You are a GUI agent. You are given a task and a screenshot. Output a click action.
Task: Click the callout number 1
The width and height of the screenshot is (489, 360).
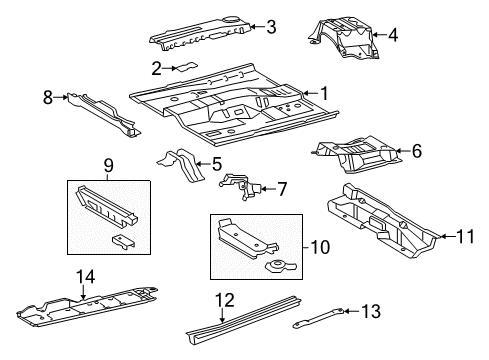coord(324,93)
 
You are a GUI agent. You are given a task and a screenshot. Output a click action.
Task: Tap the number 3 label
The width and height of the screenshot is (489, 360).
coord(271,27)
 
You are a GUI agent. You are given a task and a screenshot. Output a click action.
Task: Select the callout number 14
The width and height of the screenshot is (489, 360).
coord(86,277)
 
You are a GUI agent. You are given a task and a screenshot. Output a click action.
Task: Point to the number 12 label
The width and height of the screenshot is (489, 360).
coord(225,300)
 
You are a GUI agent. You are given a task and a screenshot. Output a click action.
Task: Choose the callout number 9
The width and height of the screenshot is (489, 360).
coord(109,165)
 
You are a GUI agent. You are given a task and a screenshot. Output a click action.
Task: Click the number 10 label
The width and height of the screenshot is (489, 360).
coord(320,247)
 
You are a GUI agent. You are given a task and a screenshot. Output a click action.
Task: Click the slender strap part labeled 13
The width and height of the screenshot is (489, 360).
coord(318,318)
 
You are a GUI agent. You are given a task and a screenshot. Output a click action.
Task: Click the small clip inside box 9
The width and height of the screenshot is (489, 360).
coord(124,242)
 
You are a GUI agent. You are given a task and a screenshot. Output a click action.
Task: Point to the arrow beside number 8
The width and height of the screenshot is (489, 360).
coord(60,97)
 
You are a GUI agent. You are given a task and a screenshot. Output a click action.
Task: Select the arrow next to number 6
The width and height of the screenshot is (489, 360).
coord(403,151)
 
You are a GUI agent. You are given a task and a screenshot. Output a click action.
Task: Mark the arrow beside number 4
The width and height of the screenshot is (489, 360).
coord(380,34)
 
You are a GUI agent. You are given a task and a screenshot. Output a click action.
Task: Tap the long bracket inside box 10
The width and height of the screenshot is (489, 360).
coord(246,238)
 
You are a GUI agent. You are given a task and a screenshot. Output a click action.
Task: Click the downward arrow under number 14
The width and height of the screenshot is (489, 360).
coord(83,292)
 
